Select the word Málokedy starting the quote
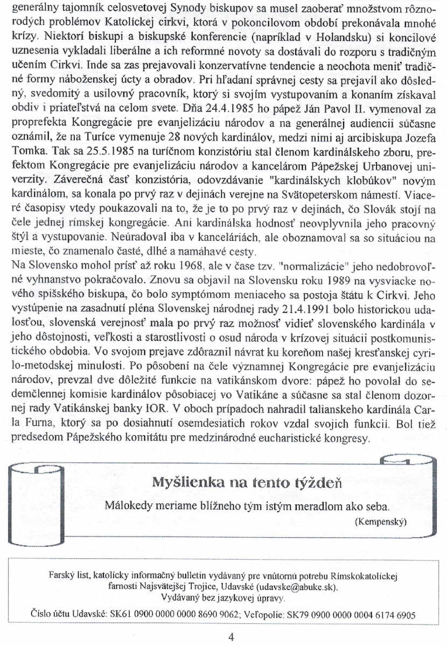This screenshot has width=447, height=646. coord(128,507)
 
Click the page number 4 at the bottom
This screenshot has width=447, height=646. coord(231,637)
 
